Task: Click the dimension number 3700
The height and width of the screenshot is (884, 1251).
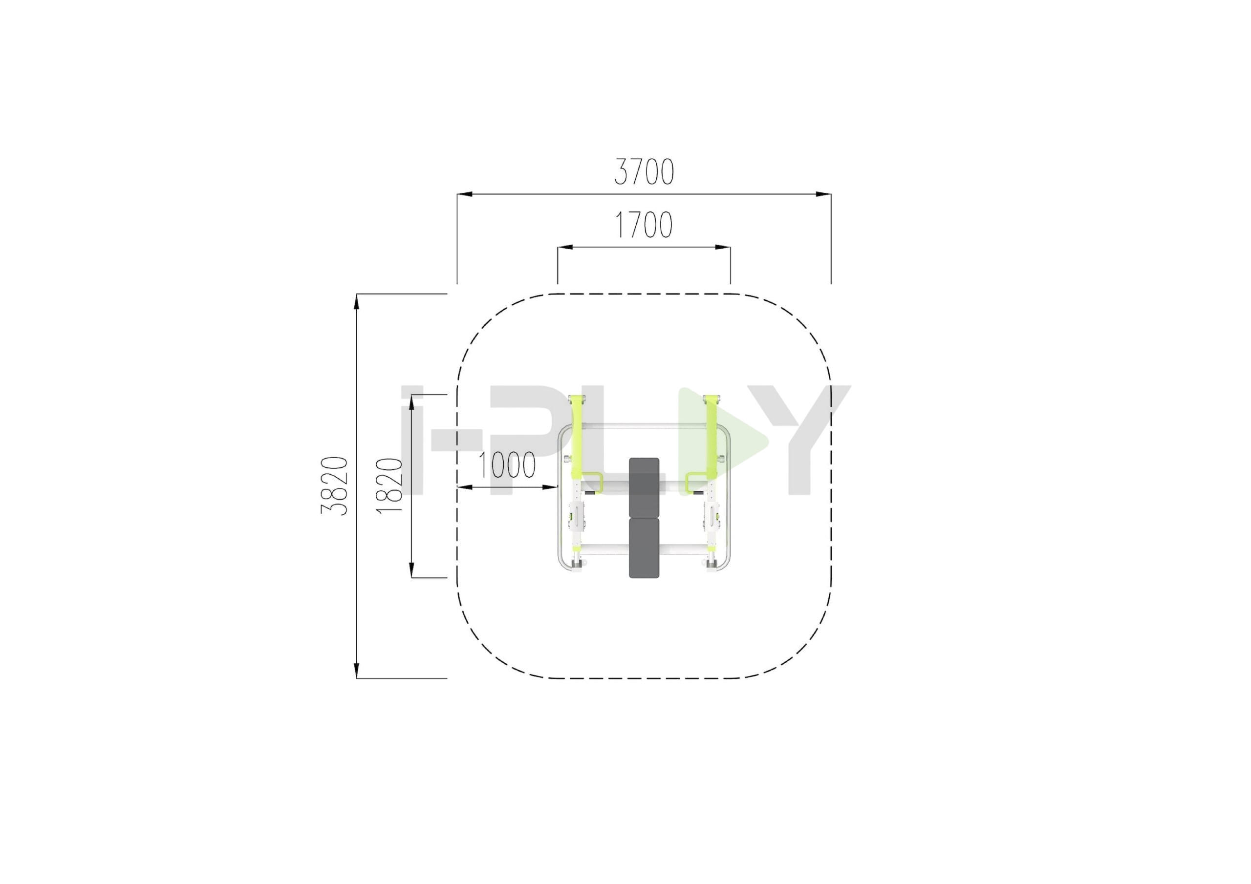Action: (644, 171)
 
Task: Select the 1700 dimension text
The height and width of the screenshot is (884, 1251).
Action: (644, 225)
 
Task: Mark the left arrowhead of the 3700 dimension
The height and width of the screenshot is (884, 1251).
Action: (464, 194)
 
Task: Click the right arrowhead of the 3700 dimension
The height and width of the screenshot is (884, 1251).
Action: (824, 194)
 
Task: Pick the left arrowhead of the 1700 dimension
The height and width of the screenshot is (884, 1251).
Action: (564, 247)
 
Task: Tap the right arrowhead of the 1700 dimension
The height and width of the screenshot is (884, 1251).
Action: (723, 247)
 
